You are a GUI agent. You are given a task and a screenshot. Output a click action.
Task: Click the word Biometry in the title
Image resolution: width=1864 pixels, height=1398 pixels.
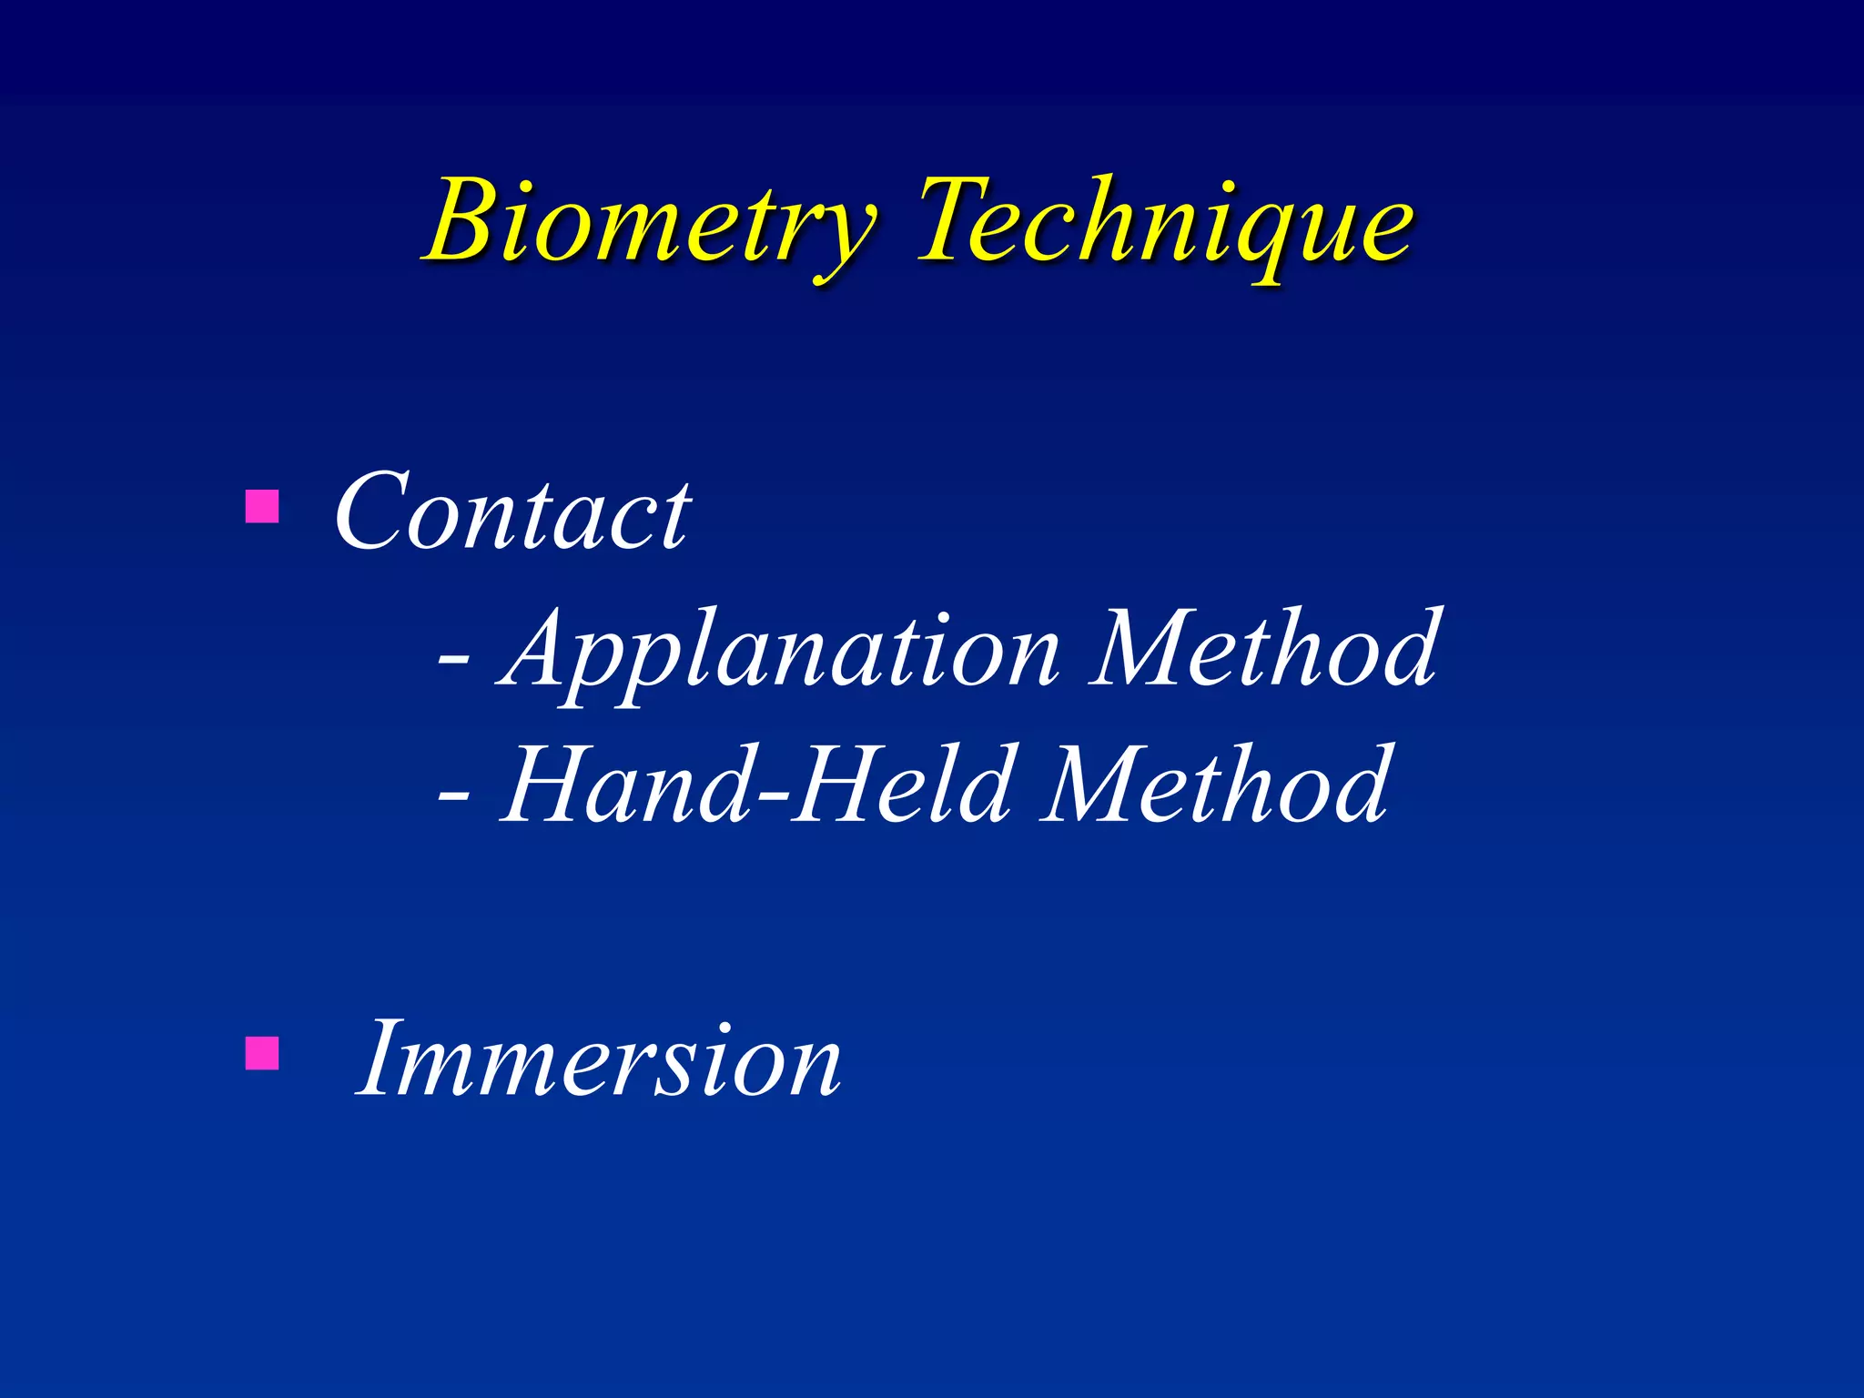coord(651,223)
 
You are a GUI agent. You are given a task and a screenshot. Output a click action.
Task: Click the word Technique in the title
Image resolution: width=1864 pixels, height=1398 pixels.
coord(1165,223)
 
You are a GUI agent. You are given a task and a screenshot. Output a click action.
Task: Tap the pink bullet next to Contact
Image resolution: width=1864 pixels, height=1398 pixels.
coord(262,507)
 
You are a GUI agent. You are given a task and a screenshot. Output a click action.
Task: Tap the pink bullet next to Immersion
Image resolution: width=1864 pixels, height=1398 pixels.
coord(262,1053)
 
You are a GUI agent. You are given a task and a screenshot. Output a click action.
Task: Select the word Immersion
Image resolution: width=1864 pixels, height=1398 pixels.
coord(599,1060)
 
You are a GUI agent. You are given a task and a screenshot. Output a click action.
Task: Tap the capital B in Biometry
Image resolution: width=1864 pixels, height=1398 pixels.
coord(469,221)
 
